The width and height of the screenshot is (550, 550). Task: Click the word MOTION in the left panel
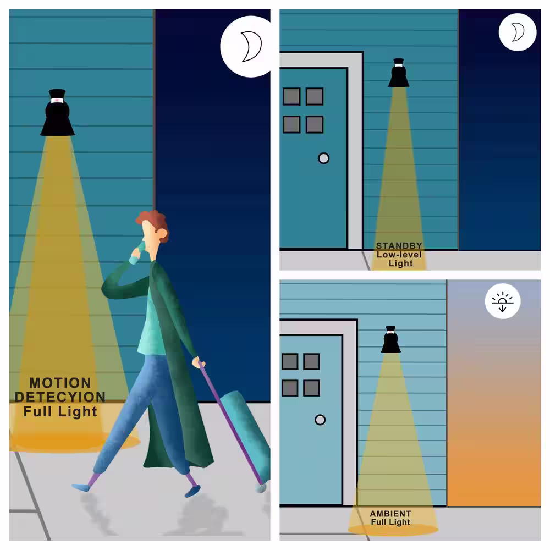[60, 383]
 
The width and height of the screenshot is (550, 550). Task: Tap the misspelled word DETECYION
[60, 397]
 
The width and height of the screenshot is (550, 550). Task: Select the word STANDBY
[399, 245]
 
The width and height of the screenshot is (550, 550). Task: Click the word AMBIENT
[391, 514]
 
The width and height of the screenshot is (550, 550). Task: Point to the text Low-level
[399, 254]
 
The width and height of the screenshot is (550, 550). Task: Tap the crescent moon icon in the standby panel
[518, 32]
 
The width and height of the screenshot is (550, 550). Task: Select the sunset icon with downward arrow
[503, 301]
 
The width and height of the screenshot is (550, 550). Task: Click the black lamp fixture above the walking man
[57, 112]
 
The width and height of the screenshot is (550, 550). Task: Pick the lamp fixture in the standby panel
[398, 73]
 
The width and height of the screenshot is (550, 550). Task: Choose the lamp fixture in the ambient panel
[391, 339]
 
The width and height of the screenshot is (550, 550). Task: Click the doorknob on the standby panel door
[323, 158]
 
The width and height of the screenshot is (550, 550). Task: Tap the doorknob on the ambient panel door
[320, 420]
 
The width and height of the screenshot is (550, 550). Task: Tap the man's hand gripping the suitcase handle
[199, 362]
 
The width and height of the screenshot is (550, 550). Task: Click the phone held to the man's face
[141, 248]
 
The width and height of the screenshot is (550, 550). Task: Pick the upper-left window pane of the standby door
[291, 96]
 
